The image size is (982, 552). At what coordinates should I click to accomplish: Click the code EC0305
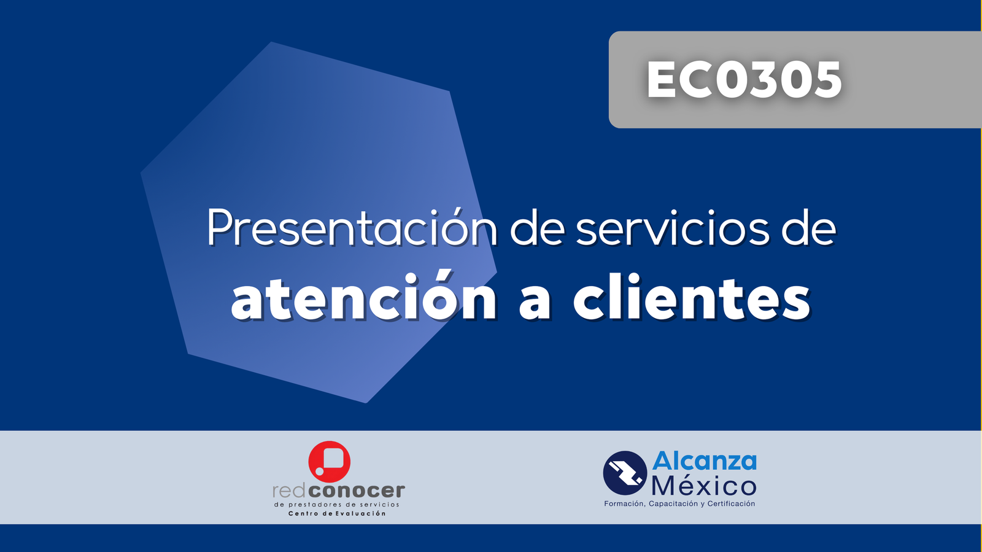744,80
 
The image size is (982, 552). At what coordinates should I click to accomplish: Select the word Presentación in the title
352,227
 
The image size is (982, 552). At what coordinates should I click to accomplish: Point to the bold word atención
364,297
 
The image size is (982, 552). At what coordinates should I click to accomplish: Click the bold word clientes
692,297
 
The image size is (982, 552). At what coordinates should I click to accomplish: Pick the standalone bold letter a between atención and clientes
535,303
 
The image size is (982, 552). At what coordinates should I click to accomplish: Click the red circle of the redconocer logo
329,462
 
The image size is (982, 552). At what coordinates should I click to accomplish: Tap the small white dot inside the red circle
320,472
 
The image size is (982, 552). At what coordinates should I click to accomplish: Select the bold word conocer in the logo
362,491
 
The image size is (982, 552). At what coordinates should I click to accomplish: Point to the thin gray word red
295,491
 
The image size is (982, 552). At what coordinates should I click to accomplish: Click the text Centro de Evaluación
337,513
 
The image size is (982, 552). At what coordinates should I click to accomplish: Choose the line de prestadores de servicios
337,505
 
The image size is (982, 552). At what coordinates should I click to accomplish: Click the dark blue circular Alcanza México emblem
625,473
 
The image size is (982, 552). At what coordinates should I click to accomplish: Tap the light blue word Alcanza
705,461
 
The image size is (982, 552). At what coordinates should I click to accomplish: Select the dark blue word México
704,485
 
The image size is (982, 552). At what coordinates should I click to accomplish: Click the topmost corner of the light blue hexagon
272,42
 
